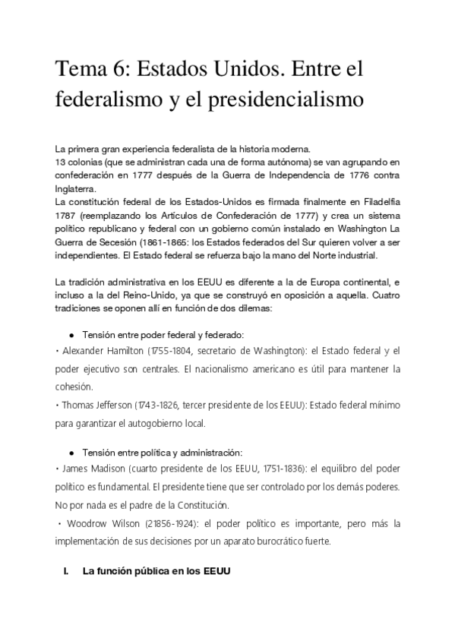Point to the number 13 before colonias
click(61, 161)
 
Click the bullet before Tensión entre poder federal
click(71, 335)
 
